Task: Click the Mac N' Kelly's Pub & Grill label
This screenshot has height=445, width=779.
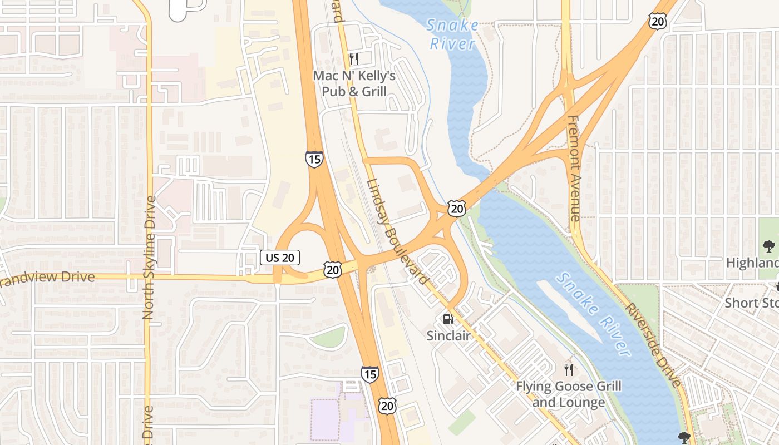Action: click(354, 83)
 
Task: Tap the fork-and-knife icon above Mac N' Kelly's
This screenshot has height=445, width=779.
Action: click(353, 58)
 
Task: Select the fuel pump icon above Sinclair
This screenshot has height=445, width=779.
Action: click(448, 319)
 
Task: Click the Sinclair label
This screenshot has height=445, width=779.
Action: click(448, 335)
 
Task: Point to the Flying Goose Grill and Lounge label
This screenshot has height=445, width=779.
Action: click(568, 394)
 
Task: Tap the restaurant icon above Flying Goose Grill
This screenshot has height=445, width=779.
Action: click(568, 369)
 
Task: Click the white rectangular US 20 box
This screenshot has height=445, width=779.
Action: click(280, 257)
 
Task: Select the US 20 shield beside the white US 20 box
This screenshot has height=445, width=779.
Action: click(333, 270)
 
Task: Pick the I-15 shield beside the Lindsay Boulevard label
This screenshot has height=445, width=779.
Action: click(314, 160)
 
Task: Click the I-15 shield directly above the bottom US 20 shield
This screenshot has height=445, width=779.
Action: click(369, 374)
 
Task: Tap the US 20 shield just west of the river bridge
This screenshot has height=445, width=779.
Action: click(456, 209)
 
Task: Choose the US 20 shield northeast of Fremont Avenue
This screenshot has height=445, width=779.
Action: click(657, 21)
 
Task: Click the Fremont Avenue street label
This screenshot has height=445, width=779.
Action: click(575, 168)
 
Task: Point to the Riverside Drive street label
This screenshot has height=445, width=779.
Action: click(652, 345)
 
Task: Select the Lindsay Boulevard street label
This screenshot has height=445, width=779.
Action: click(398, 232)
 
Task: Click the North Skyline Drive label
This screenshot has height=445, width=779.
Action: click(149, 257)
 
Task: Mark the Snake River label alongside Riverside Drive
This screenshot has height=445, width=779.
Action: click(594, 315)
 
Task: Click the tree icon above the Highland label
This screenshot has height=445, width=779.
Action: click(768, 246)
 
